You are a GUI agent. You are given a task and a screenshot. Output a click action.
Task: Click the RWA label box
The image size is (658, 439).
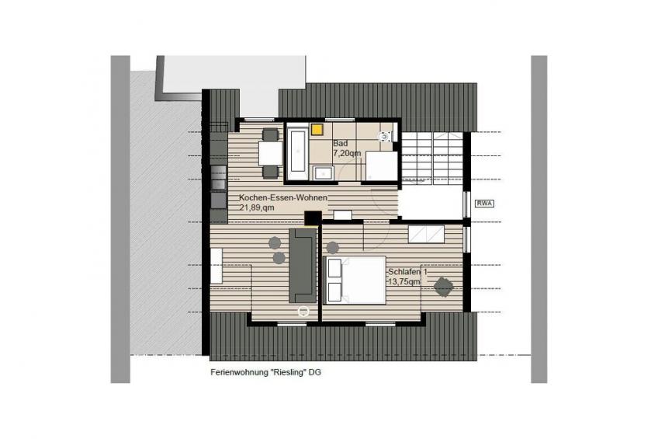(485, 204)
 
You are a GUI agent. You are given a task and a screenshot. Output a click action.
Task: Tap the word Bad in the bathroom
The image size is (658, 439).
(340, 143)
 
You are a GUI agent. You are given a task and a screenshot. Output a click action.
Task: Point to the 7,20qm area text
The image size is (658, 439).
(347, 153)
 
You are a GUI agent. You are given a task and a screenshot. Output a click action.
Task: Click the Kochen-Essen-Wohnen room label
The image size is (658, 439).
(283, 197)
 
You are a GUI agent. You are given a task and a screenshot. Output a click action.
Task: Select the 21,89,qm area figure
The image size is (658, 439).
(257, 207)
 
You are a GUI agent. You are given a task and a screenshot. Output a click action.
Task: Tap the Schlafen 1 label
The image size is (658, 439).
(407, 272)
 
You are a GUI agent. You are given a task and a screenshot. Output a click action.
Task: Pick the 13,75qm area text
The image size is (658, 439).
(403, 282)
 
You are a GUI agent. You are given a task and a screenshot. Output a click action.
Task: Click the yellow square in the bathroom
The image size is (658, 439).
(317, 129)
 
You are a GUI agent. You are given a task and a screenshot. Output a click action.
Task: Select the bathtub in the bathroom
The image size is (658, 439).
(298, 152)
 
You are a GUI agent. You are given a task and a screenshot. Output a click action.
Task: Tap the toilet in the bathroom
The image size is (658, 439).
(384, 136)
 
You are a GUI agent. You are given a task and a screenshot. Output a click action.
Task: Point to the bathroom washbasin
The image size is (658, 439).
(323, 173)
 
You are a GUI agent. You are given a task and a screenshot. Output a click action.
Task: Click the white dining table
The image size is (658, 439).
(271, 153)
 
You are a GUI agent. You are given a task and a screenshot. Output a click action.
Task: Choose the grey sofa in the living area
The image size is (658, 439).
(303, 266)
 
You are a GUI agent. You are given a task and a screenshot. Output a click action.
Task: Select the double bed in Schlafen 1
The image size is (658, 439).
(355, 280)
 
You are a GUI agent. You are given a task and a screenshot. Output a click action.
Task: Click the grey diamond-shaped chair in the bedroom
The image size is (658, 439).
(444, 287)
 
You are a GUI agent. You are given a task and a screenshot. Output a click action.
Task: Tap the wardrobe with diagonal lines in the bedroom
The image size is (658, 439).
(426, 235)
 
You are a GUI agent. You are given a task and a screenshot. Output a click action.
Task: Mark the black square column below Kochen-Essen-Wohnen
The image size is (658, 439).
(313, 218)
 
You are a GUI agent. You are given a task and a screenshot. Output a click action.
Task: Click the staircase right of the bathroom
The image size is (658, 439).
(432, 155)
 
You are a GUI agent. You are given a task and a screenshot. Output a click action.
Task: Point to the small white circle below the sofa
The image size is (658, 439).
(303, 312)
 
